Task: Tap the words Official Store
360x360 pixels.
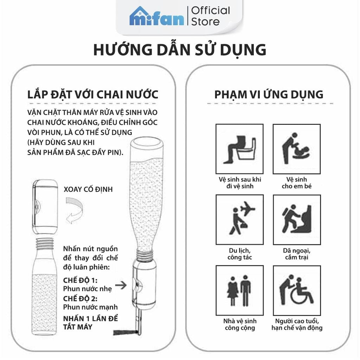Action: point(210,16)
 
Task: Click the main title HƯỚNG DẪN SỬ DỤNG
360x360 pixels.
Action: point(180,50)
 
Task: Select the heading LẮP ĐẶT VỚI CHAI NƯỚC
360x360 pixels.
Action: point(93,95)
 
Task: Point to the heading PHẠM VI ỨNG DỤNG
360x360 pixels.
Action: point(269,95)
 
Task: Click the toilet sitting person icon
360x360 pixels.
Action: point(239,149)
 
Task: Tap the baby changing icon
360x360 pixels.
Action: point(297,149)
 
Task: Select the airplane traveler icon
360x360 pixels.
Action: point(239,220)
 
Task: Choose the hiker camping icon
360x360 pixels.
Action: point(297,220)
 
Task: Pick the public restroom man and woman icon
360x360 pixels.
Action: point(239,290)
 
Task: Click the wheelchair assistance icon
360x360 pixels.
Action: point(297,290)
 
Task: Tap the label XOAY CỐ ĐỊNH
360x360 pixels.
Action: point(88,189)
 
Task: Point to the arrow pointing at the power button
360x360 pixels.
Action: point(121,285)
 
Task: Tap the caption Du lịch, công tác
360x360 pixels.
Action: point(239,254)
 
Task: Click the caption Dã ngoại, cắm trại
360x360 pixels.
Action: point(297,254)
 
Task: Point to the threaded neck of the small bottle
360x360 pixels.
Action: point(44,243)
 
